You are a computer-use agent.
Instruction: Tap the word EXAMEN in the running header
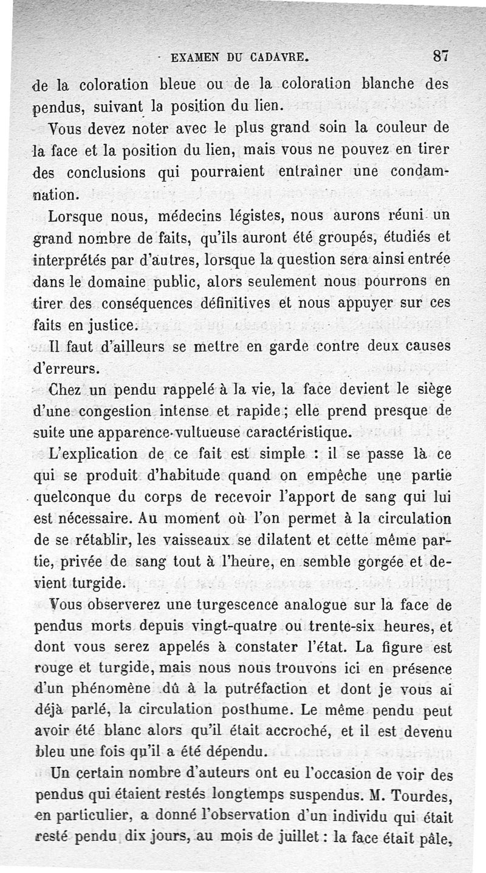pos(196,59)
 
